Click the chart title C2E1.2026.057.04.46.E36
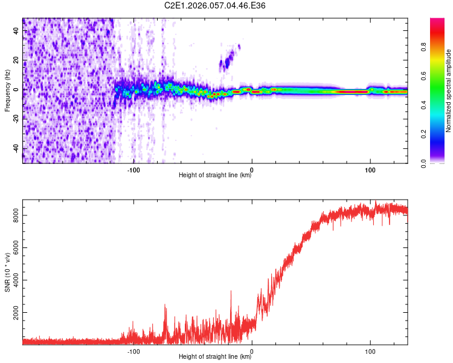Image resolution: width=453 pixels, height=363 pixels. point(215,5)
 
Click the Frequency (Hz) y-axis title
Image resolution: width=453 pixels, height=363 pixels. point(7,91)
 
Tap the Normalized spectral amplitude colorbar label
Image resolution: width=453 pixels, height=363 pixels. point(449,91)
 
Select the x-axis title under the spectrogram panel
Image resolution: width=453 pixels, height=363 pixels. point(215,175)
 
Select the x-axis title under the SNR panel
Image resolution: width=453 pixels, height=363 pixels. point(215,357)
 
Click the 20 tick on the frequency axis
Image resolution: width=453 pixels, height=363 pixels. point(16,60)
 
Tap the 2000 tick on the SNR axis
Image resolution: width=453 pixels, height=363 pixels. point(16,313)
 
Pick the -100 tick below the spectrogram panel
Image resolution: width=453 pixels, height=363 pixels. point(133,169)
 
